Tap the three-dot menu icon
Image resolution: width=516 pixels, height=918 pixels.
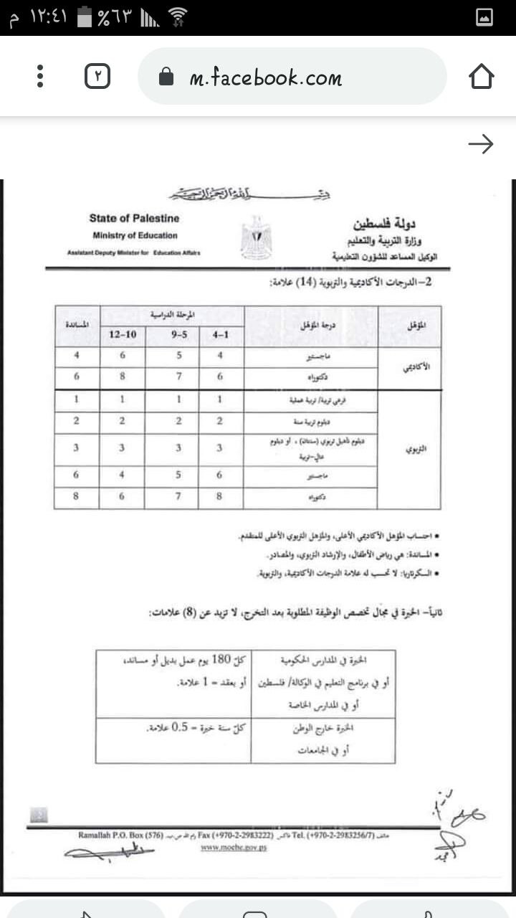click(40, 77)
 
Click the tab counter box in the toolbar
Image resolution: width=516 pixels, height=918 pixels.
click(97, 77)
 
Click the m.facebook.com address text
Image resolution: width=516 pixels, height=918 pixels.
click(265, 77)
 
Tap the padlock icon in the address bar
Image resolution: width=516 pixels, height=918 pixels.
click(166, 77)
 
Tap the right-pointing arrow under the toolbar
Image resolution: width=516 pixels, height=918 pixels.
click(480, 145)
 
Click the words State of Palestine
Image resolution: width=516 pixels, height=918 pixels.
click(134, 218)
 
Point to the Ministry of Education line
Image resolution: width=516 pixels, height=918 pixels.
click(135, 235)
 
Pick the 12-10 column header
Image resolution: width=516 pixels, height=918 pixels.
click(123, 335)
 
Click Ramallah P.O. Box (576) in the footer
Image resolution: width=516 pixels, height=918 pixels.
click(121, 836)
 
